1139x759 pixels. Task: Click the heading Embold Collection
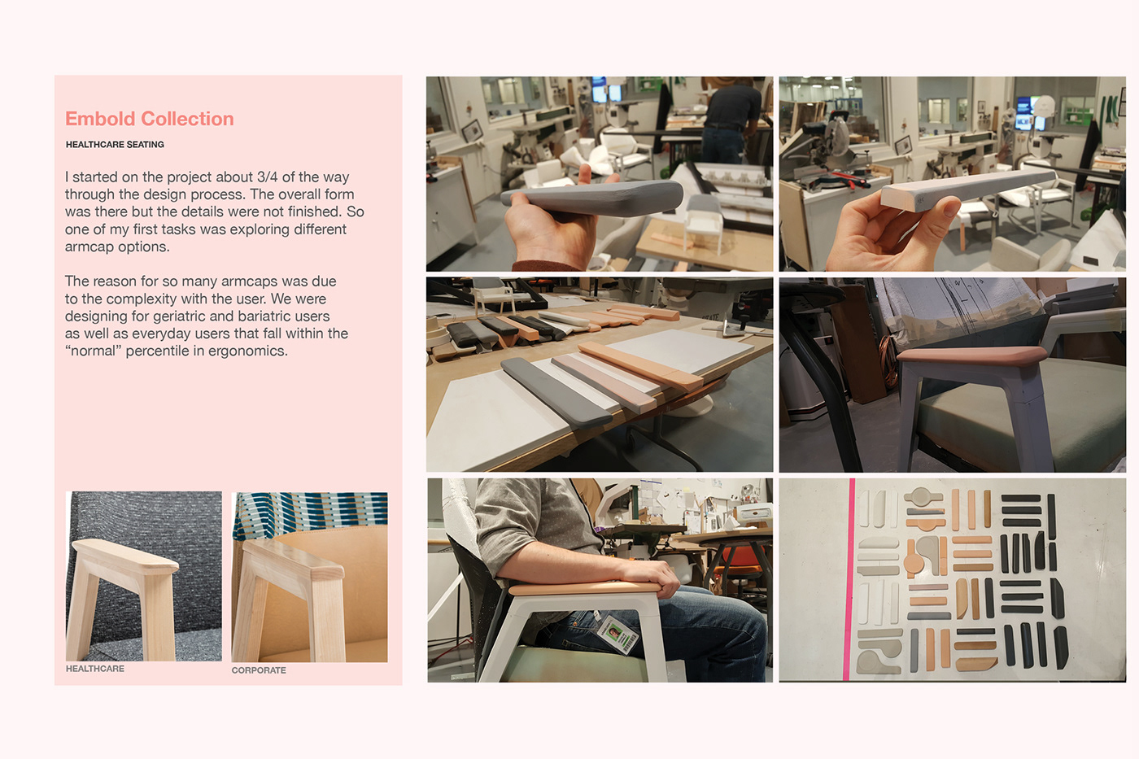click(x=150, y=119)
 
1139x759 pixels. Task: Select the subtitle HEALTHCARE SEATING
click(x=115, y=144)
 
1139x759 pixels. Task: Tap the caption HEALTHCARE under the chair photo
click(x=95, y=669)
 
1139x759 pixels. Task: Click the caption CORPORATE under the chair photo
click(x=259, y=670)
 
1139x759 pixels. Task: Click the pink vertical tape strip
click(x=849, y=579)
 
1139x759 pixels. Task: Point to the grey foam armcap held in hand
click(x=592, y=198)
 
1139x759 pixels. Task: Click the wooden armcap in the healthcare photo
click(x=125, y=556)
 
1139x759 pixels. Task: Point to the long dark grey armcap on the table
click(x=556, y=392)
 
